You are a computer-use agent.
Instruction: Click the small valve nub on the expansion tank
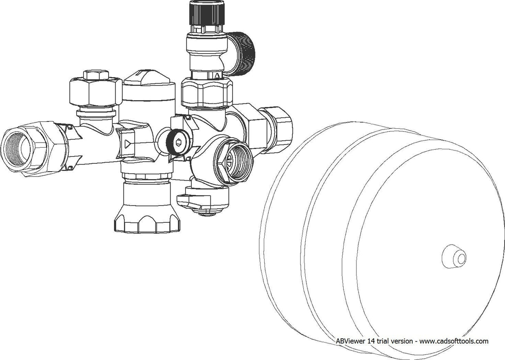click(x=454, y=256)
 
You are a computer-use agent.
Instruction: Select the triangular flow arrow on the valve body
click(x=127, y=144)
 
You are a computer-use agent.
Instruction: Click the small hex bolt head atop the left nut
click(x=96, y=75)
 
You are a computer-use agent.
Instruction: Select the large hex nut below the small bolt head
click(x=96, y=92)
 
